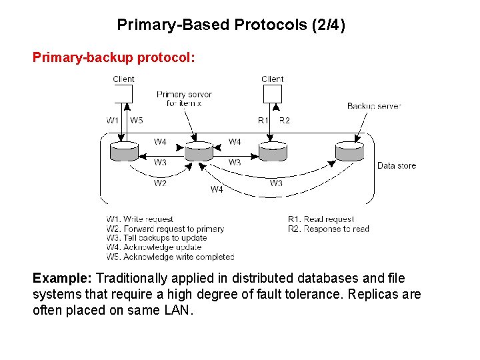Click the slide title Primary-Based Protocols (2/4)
click(231, 25)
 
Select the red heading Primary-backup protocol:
click(114, 57)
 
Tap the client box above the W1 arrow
click(123, 94)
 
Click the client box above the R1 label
click(272, 94)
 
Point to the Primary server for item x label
click(184, 99)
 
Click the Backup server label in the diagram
click(374, 106)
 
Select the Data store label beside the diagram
click(397, 165)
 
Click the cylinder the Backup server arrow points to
click(350, 151)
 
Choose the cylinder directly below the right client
click(272, 151)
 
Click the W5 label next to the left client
click(137, 121)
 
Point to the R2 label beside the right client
click(284, 121)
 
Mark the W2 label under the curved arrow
click(160, 183)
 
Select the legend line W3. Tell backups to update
click(157, 238)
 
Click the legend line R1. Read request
click(321, 219)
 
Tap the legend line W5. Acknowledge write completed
click(170, 257)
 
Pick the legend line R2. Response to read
click(328, 229)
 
